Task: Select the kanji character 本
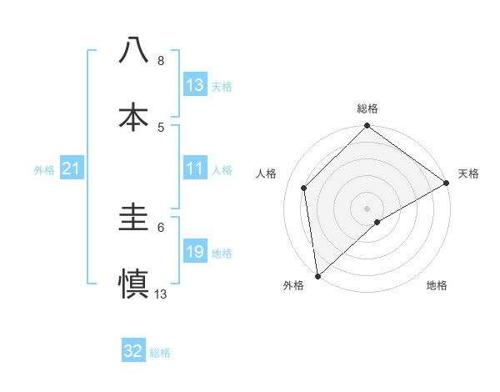134,117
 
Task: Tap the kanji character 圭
134,219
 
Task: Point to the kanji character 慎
134,284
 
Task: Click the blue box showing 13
195,85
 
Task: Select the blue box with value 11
195,168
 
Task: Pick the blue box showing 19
195,252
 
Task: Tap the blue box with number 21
72,168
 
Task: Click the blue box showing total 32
133,351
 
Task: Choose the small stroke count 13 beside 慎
161,294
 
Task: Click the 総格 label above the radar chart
367,108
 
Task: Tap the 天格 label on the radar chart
468,173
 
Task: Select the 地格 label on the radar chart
437,285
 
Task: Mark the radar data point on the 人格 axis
305,188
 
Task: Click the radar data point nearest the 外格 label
317,275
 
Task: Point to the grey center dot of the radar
367,208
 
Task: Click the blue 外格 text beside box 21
44,169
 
